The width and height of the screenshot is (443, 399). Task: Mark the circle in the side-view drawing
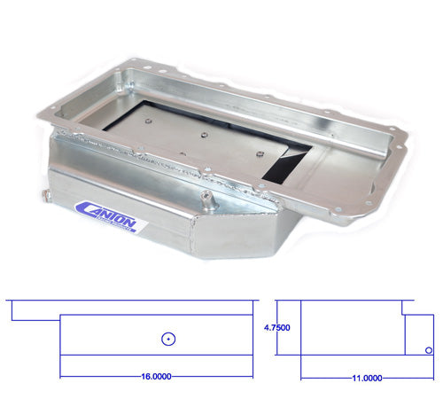click(x=167, y=338)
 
